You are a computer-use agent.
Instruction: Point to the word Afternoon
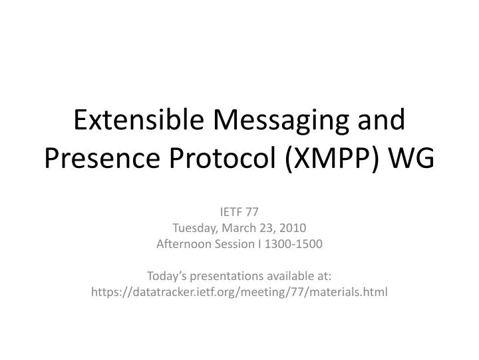182,244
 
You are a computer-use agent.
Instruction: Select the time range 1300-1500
293,244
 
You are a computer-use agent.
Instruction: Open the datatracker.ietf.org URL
239,291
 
